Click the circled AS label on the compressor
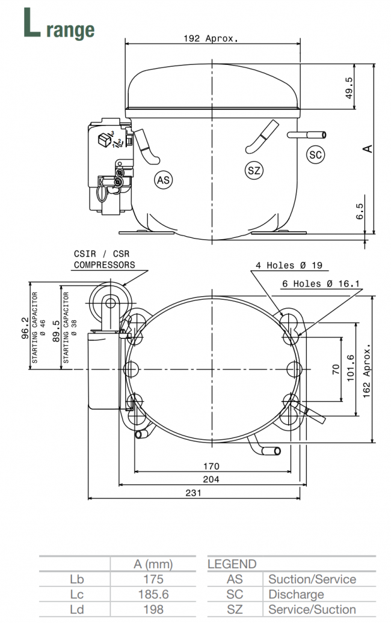pos(163,180)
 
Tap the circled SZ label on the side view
pos(254,171)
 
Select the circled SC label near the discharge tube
pos(315,154)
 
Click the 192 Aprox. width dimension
pos(211,38)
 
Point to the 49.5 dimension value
pos(349,89)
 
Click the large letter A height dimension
pos(368,148)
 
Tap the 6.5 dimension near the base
pos(360,212)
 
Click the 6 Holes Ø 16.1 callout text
pos(321,283)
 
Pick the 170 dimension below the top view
pos(211,466)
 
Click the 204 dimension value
pos(211,479)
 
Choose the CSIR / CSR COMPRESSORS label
pos(104,260)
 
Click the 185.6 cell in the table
pos(153,595)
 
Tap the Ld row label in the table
pos(76,610)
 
